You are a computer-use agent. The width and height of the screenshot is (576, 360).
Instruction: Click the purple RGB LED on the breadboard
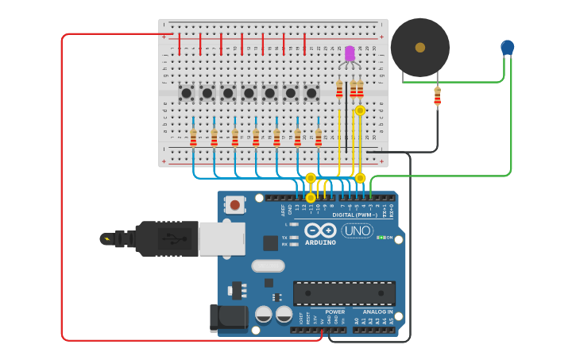coord(350,53)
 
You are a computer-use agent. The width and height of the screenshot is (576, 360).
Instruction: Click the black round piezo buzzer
coord(419,48)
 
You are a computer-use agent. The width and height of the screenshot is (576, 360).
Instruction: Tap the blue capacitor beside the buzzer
coord(508,48)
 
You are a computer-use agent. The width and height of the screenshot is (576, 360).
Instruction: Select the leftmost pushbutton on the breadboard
coord(187,93)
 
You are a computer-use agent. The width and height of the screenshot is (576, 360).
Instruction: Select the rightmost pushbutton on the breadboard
coord(311,93)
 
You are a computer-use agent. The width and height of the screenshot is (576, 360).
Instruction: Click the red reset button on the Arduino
coord(234,205)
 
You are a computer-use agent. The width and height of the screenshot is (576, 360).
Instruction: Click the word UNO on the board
coord(358,230)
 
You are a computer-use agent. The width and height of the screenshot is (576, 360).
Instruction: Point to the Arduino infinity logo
coord(321,230)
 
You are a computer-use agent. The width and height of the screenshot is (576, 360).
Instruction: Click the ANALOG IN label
coord(378,312)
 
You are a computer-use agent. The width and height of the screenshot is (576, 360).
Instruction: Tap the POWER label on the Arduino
coord(334,312)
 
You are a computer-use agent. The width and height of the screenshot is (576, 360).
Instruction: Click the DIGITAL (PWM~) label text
coord(354,215)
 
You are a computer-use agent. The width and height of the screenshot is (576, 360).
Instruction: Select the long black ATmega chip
coord(344,292)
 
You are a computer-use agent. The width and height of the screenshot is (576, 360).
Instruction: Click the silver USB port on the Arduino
coord(222,238)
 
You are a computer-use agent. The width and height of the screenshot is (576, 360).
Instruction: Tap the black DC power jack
coord(229,318)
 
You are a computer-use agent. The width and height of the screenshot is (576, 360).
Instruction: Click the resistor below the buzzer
coord(437,96)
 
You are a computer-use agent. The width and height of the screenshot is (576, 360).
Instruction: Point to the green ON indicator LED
coord(381,238)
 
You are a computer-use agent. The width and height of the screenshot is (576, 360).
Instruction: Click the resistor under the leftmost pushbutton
coord(193,138)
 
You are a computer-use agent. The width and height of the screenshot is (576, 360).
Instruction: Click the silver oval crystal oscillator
coord(268,265)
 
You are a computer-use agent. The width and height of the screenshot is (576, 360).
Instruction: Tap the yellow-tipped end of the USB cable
coord(106,238)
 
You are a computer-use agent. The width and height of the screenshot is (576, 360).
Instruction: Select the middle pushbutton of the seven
coord(249,93)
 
